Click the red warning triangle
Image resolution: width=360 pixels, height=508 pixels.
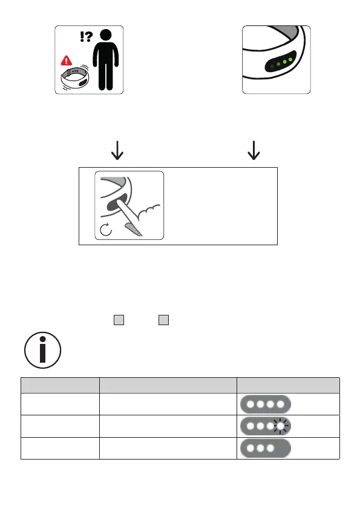click(x=67, y=61)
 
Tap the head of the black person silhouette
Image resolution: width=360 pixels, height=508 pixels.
click(x=105, y=35)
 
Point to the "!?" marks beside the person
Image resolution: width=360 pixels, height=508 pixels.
click(x=86, y=36)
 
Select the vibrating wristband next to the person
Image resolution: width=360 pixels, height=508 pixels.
click(x=75, y=78)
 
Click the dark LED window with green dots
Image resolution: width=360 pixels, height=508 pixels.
click(x=280, y=62)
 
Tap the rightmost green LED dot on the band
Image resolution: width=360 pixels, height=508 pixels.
click(x=290, y=59)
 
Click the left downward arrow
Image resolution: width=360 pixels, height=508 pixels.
click(x=117, y=150)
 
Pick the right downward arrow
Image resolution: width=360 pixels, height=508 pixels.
click(x=254, y=150)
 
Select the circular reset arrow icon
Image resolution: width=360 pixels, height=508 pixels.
click(x=105, y=229)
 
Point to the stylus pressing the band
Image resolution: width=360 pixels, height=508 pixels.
click(x=129, y=217)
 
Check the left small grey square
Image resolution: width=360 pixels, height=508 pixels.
click(x=119, y=320)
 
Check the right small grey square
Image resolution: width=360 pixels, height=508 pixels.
click(x=163, y=320)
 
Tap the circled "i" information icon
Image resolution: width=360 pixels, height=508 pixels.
click(x=43, y=350)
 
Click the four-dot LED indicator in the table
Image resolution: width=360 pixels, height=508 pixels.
click(x=266, y=404)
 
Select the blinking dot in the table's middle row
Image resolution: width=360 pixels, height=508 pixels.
click(x=280, y=426)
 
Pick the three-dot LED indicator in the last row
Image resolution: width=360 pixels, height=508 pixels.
click(x=266, y=448)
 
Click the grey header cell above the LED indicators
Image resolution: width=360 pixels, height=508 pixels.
click(x=288, y=385)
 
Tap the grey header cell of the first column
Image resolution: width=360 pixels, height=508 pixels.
click(x=61, y=385)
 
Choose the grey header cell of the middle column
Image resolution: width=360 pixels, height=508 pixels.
click(x=168, y=385)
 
